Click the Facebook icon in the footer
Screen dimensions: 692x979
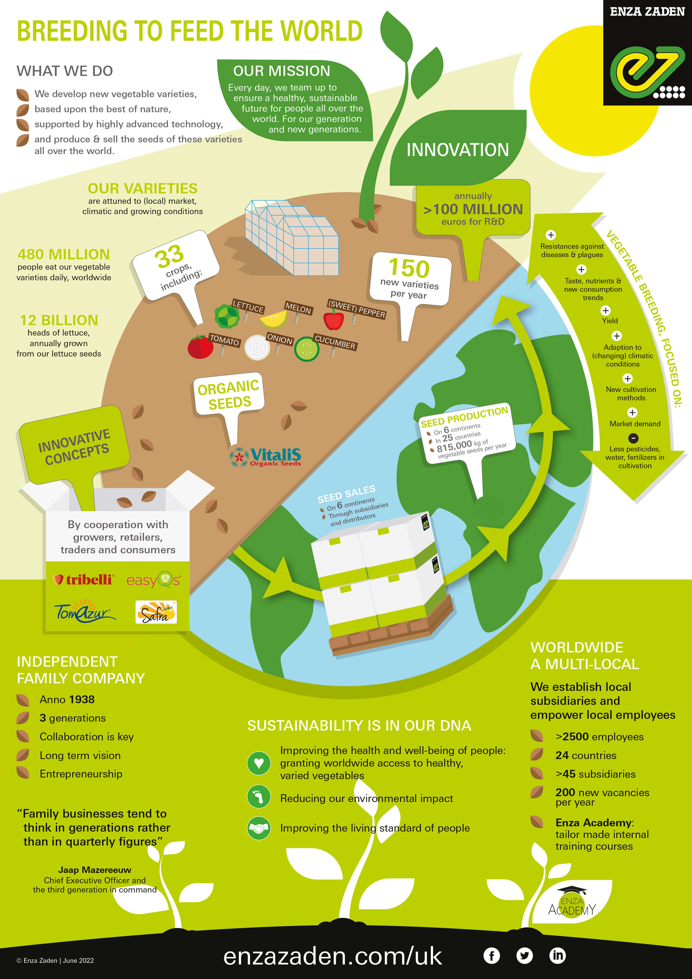pos(491,956)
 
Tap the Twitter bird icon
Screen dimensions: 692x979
pos(525,956)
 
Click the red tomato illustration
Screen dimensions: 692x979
pos(200,347)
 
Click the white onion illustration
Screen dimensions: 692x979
pos(257,348)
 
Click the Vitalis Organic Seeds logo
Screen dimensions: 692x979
pos(265,457)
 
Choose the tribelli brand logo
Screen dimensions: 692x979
pos(83,580)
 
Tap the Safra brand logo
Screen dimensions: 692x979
pos(156,612)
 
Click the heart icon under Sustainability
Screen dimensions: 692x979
pos(259,763)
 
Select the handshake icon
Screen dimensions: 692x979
pos(259,828)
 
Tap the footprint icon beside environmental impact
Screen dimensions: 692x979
pos(259,796)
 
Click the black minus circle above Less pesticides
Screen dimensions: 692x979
pos(634,438)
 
